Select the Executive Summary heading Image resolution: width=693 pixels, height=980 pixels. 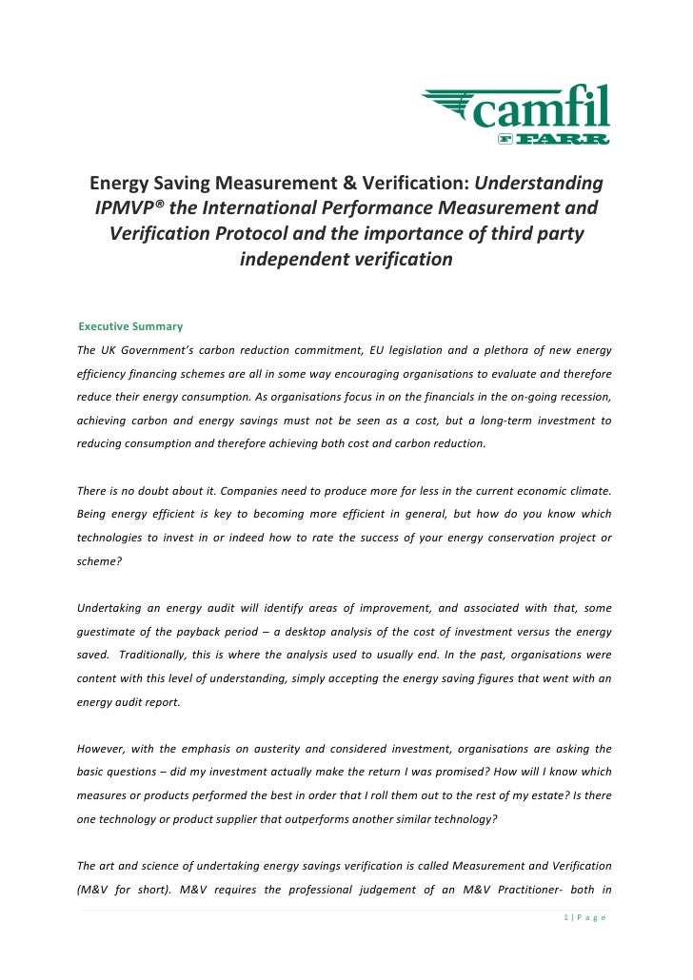[x=129, y=327]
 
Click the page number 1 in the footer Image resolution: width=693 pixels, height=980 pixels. [x=564, y=916]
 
